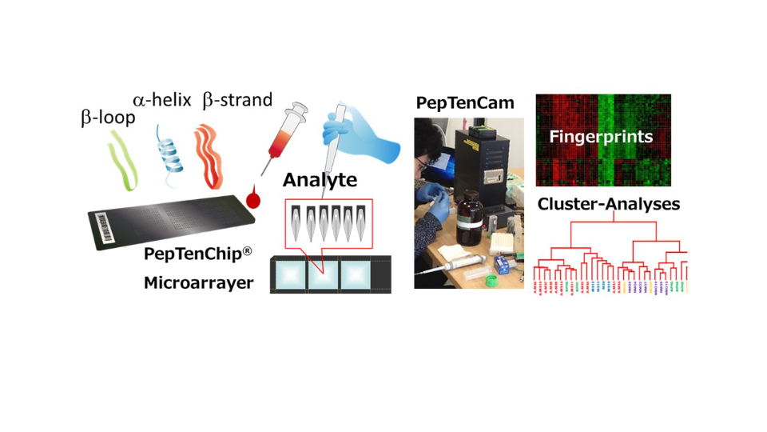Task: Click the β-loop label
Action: point(108,118)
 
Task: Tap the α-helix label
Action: point(162,100)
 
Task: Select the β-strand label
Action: point(237,100)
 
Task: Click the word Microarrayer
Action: point(198,282)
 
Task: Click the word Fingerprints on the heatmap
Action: point(601,137)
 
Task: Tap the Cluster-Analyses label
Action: point(608,204)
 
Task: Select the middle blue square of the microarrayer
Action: point(322,274)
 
